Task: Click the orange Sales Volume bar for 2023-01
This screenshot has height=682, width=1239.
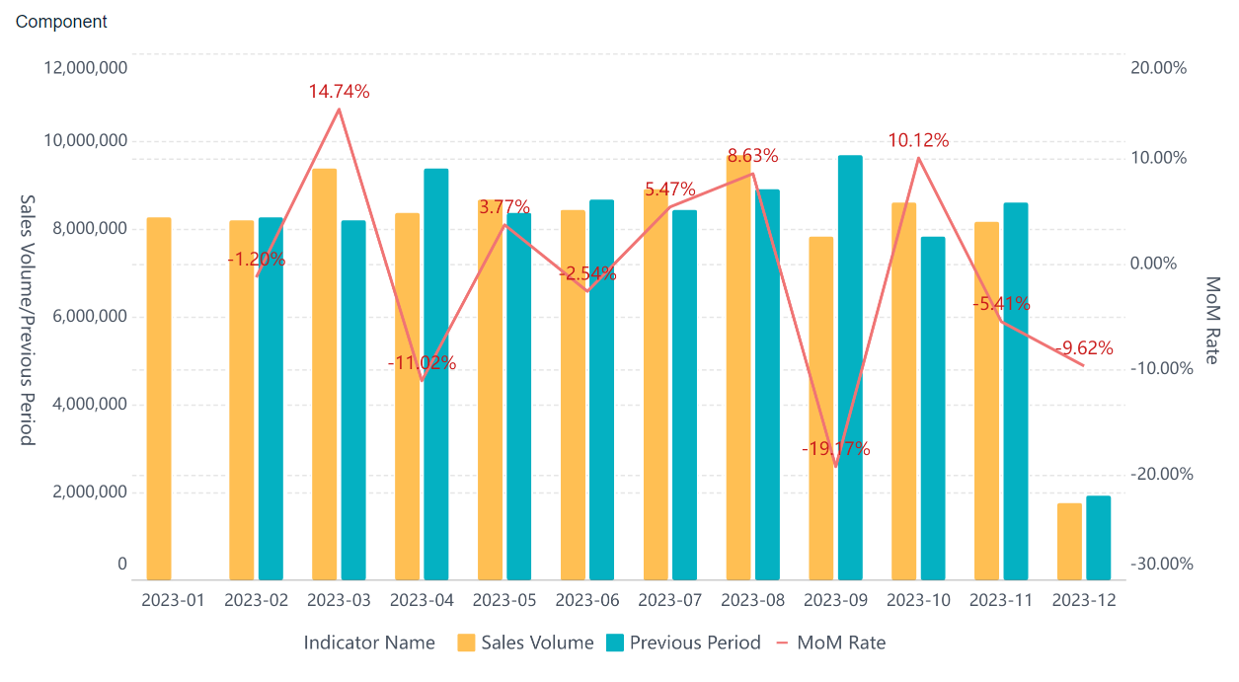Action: [x=159, y=399]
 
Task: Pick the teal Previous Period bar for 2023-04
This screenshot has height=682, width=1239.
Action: [x=436, y=374]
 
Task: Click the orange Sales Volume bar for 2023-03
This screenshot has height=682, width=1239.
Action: [x=324, y=374]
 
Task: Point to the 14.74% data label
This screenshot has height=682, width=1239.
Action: [x=339, y=92]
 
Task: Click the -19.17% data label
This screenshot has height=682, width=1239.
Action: [x=836, y=449]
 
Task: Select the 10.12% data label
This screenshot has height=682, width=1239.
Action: [x=918, y=141]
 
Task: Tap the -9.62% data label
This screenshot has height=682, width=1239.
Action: [x=1083, y=348]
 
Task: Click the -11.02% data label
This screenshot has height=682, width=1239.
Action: [x=422, y=363]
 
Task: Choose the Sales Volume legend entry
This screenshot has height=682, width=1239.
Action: [x=525, y=643]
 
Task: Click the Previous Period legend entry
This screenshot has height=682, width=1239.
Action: [x=682, y=643]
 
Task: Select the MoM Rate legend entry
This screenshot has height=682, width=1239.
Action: [x=831, y=643]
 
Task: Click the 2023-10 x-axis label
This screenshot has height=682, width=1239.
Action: [x=918, y=601]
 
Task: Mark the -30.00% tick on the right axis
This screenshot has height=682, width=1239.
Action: [x=1161, y=564]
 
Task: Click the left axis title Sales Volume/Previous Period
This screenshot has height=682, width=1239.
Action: [x=27, y=320]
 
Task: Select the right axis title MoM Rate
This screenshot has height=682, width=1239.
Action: [x=1213, y=320]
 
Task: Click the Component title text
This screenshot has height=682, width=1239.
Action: [x=61, y=22]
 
